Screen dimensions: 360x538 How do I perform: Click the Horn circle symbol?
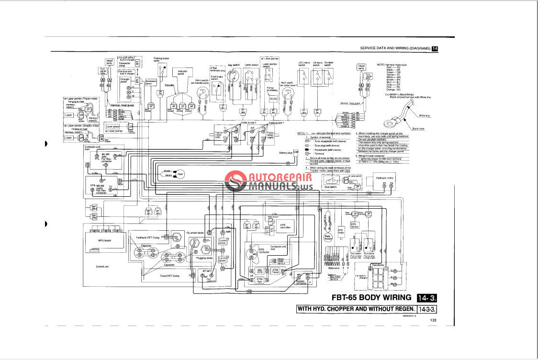tap(180, 174)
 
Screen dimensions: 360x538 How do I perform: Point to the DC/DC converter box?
tap(273, 98)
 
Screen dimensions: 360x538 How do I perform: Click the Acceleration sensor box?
tap(150, 84)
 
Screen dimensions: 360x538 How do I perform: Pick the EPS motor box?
tap(341, 232)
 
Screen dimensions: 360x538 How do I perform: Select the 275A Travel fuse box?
tap(275, 271)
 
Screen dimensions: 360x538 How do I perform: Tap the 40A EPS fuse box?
tap(260, 271)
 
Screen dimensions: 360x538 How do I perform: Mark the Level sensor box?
tap(114, 126)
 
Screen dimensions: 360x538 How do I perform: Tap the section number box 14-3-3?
tap(428, 308)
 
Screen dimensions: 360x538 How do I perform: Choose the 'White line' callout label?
tap(424, 115)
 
